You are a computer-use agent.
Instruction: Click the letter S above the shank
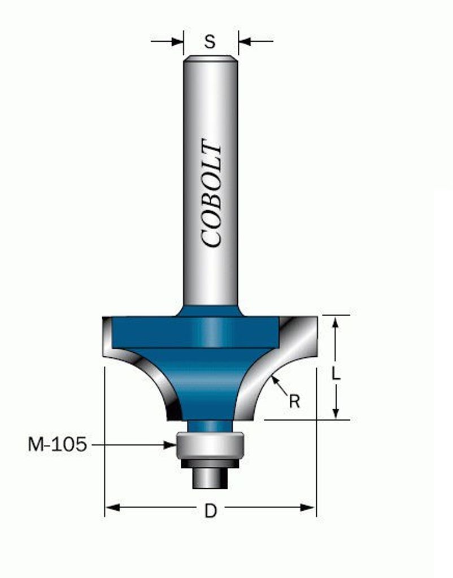pyautogui.click(x=210, y=42)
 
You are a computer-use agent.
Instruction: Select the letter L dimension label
pyautogui.click(x=336, y=374)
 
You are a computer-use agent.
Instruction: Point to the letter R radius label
pyautogui.click(x=294, y=401)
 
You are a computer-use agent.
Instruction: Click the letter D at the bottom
pyautogui.click(x=211, y=511)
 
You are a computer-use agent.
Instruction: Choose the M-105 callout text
pyautogui.click(x=57, y=444)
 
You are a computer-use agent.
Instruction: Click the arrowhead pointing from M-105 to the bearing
pyautogui.click(x=170, y=445)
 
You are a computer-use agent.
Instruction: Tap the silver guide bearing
pyautogui.click(x=210, y=445)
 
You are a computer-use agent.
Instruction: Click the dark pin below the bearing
pyautogui.click(x=210, y=478)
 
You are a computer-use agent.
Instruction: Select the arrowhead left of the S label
pyautogui.click(x=177, y=41)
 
